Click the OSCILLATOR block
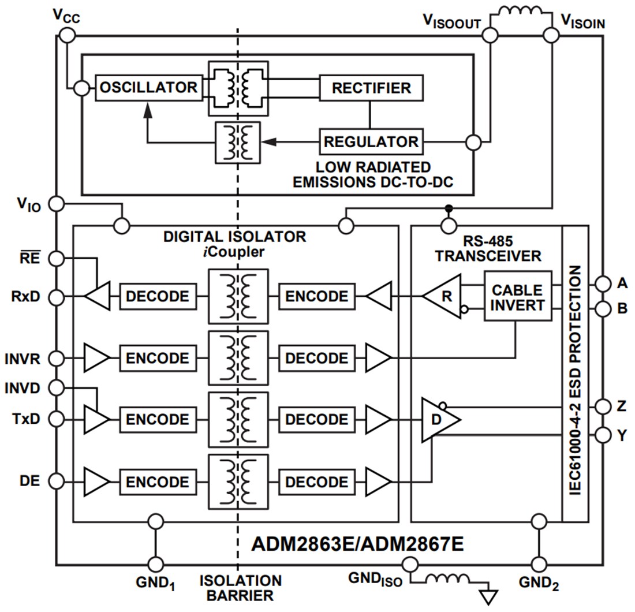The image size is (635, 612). click(148, 88)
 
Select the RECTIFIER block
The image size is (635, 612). click(371, 88)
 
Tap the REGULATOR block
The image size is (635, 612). click(371, 141)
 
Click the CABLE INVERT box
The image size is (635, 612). click(517, 297)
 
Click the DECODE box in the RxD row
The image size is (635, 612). click(157, 297)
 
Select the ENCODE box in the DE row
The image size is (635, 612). click(157, 482)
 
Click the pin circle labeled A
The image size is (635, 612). click(603, 283)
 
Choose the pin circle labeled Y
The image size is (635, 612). click(603, 434)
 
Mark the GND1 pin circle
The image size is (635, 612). click(155, 564)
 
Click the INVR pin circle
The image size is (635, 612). click(56, 359)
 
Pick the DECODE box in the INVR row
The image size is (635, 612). click(316, 359)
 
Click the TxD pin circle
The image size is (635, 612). click(56, 419)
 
